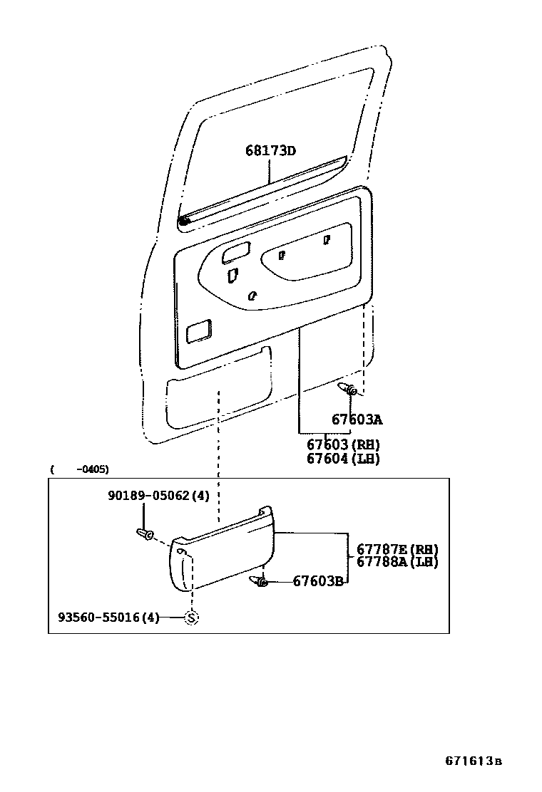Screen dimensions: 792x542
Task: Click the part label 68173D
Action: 270,151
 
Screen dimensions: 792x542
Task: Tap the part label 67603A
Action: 357,420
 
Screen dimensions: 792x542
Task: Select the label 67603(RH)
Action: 343,444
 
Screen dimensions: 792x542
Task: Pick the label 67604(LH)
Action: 343,459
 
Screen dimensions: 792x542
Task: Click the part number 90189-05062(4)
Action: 158,496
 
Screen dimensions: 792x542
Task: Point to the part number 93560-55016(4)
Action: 108,618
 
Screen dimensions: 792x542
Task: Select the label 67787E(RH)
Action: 397,548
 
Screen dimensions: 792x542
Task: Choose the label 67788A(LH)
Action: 397,561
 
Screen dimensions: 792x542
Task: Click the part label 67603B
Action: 319,581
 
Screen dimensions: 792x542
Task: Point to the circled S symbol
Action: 191,618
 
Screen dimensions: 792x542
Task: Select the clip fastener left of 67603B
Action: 259,582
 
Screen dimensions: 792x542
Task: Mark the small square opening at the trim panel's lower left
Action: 198,330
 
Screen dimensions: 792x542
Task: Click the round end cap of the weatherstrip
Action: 184,223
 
